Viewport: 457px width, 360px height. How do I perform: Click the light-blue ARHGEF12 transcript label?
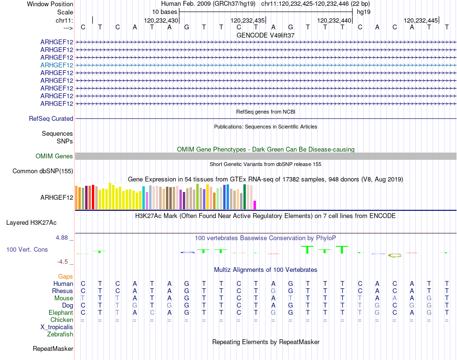(x=57, y=65)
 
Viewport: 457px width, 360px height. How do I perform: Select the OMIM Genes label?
(x=54, y=156)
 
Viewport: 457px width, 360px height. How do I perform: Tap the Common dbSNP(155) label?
(x=43, y=171)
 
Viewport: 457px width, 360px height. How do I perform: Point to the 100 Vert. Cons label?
(x=27, y=250)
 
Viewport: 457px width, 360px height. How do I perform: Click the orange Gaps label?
(x=65, y=276)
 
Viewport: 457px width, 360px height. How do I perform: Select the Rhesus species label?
(x=63, y=291)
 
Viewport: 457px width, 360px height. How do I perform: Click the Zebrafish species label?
(x=60, y=334)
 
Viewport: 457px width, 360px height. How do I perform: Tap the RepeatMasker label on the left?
(x=53, y=348)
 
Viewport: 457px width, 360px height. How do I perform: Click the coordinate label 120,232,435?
(x=248, y=21)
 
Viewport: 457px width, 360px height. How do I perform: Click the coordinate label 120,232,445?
(x=421, y=21)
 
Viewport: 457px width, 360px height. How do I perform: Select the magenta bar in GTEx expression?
(x=255, y=205)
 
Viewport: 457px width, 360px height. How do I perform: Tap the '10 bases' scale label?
(x=165, y=12)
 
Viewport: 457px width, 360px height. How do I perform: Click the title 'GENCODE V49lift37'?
(x=266, y=35)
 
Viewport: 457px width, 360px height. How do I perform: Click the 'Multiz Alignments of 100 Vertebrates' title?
(x=266, y=270)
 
